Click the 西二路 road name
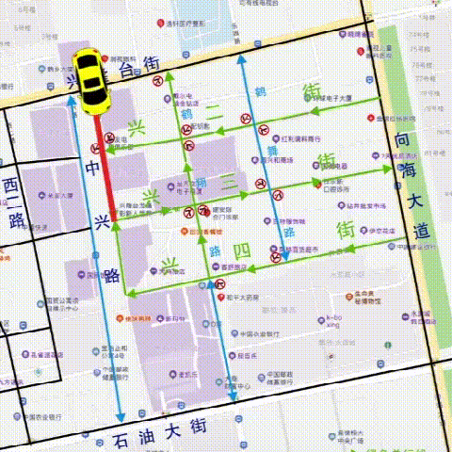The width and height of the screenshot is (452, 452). pos(12,202)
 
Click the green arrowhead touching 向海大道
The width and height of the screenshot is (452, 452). pos(388,169)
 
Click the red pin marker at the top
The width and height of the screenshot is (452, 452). pos(162,22)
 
